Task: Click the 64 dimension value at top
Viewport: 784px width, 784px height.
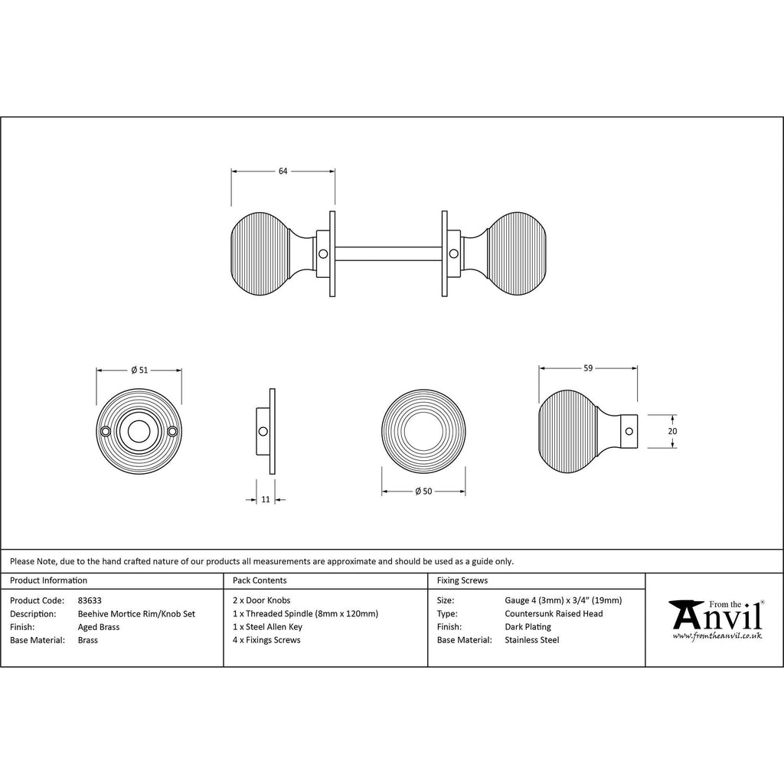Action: (283, 171)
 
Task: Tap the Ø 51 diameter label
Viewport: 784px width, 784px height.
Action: (139, 370)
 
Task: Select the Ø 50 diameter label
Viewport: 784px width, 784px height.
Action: (423, 491)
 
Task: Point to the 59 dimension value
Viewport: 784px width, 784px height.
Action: (588, 368)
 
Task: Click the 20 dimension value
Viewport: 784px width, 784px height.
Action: (672, 431)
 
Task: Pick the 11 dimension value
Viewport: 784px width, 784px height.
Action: (266, 499)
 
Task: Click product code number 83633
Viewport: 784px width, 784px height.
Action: (90, 601)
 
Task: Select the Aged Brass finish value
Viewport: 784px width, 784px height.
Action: (99, 627)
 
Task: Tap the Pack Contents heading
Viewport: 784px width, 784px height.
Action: (260, 581)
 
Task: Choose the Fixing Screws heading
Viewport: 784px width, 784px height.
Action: (462, 581)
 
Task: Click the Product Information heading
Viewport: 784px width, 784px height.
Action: (48, 581)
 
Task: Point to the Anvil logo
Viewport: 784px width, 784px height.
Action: (716, 616)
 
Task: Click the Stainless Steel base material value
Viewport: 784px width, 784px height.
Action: (532, 640)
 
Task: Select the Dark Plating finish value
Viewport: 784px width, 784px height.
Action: (528, 627)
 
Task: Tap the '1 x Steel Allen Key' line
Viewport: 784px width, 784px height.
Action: (269, 627)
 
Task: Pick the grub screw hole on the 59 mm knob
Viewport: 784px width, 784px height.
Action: (629, 432)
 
